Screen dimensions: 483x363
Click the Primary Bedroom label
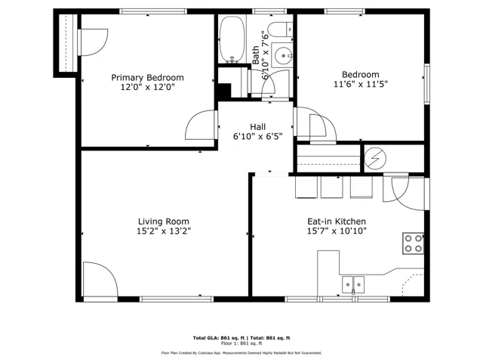pos(147,77)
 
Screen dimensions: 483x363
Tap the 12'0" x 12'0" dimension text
pos(147,87)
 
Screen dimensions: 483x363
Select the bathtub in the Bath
pos(232,39)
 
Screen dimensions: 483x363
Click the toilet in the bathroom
pos(280,29)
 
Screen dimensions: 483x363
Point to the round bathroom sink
pos(283,55)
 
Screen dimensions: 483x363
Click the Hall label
pos(258,127)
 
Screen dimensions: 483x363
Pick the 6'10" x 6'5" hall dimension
pos(258,136)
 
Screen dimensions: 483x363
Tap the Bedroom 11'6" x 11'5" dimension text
pos(361,84)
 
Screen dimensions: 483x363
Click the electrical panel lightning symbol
pos(375,159)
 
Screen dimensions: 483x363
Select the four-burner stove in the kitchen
pos(413,244)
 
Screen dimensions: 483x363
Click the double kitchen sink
pos(353,284)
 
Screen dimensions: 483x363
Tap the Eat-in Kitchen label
pos(337,222)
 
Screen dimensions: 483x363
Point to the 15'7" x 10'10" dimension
pos(337,231)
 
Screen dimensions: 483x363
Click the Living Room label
pos(164,222)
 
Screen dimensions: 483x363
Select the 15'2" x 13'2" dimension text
pos(164,231)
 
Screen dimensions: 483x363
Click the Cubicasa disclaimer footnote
pos(241,353)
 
